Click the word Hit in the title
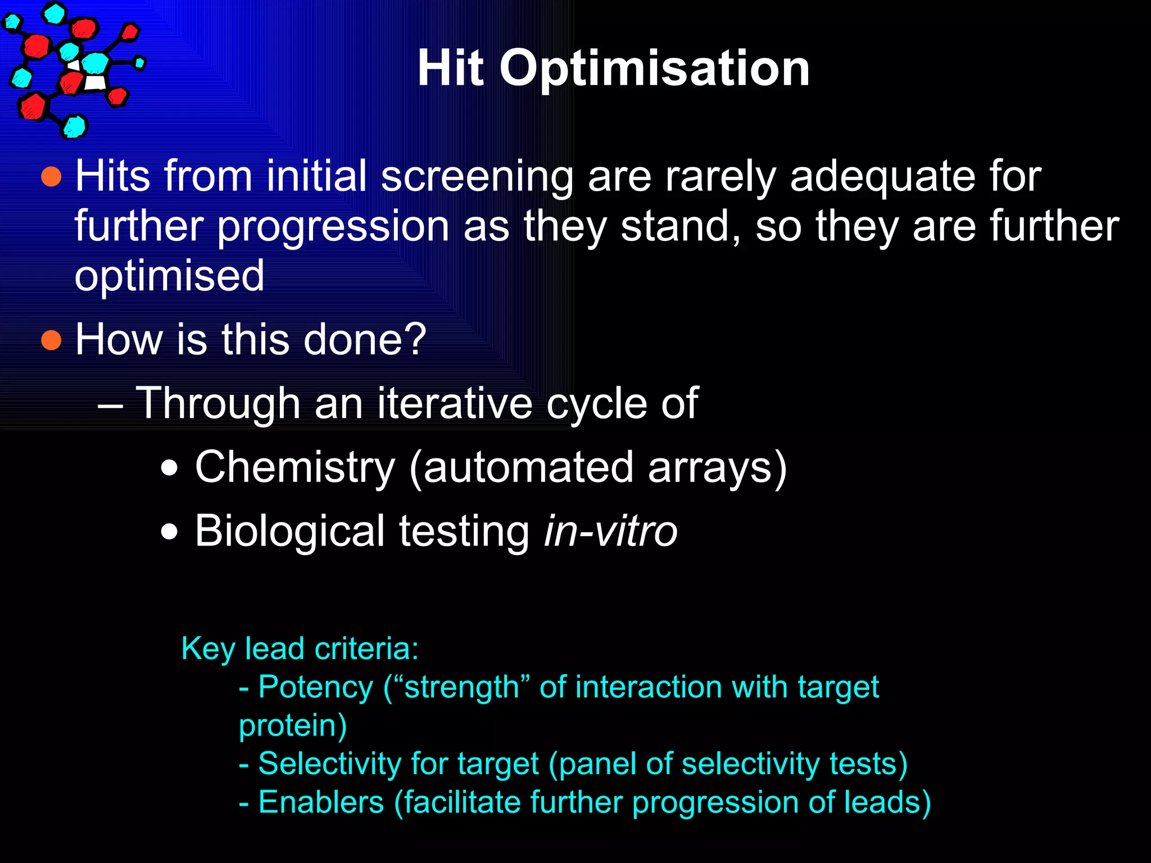coord(450,69)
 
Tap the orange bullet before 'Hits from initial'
coord(51,176)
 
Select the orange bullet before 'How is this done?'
coord(51,340)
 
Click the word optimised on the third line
coord(169,276)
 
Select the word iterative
coord(454,403)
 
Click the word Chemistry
coord(295,467)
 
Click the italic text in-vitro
coord(610,531)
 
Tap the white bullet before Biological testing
coord(169,531)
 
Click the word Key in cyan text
coord(208,649)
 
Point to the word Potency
coord(315,688)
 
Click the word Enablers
coord(321,802)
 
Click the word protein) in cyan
coord(293,726)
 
